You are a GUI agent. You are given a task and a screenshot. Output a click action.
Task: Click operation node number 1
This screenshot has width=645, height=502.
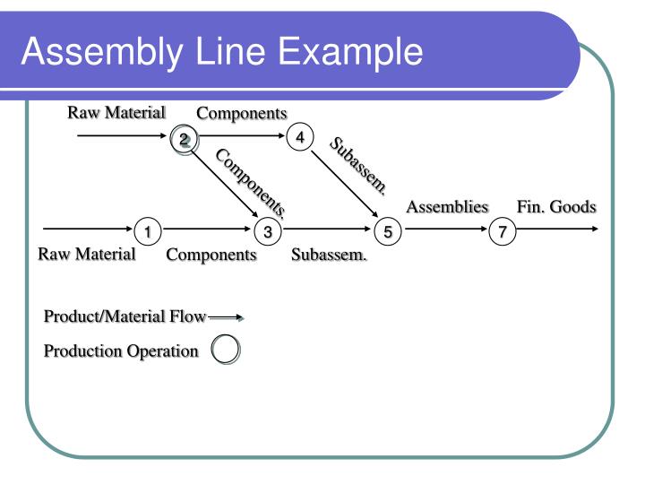(x=147, y=231)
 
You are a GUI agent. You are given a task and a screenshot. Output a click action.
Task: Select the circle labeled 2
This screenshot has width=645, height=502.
(x=184, y=139)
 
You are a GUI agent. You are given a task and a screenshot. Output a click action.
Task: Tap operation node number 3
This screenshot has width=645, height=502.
(x=267, y=231)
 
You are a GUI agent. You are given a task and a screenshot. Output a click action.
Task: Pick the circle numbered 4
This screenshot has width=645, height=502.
(x=300, y=137)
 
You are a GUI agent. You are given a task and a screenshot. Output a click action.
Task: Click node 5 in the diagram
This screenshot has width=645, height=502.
(x=388, y=231)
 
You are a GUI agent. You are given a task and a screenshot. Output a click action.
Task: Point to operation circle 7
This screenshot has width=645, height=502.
(x=503, y=231)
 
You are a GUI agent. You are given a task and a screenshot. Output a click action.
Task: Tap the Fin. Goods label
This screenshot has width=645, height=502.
(x=555, y=207)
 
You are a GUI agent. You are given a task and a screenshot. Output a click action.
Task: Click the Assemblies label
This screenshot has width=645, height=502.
(x=447, y=207)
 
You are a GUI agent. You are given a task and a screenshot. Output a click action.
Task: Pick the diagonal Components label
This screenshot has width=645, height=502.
(x=252, y=183)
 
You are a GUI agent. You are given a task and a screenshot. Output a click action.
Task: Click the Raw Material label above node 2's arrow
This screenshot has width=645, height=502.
(x=116, y=112)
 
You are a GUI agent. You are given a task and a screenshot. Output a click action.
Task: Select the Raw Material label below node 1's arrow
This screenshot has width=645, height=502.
(x=86, y=254)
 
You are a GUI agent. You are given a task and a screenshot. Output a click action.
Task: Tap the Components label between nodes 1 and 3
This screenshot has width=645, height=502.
(x=211, y=255)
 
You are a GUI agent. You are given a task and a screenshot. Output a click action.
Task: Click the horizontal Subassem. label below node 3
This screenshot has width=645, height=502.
(x=330, y=255)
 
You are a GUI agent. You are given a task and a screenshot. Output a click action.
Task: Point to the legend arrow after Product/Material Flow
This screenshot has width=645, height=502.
(x=226, y=316)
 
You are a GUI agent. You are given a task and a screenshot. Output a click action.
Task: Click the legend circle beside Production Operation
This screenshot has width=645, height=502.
(x=225, y=351)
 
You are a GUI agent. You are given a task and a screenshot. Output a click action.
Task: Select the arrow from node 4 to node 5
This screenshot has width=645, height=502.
(x=344, y=185)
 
